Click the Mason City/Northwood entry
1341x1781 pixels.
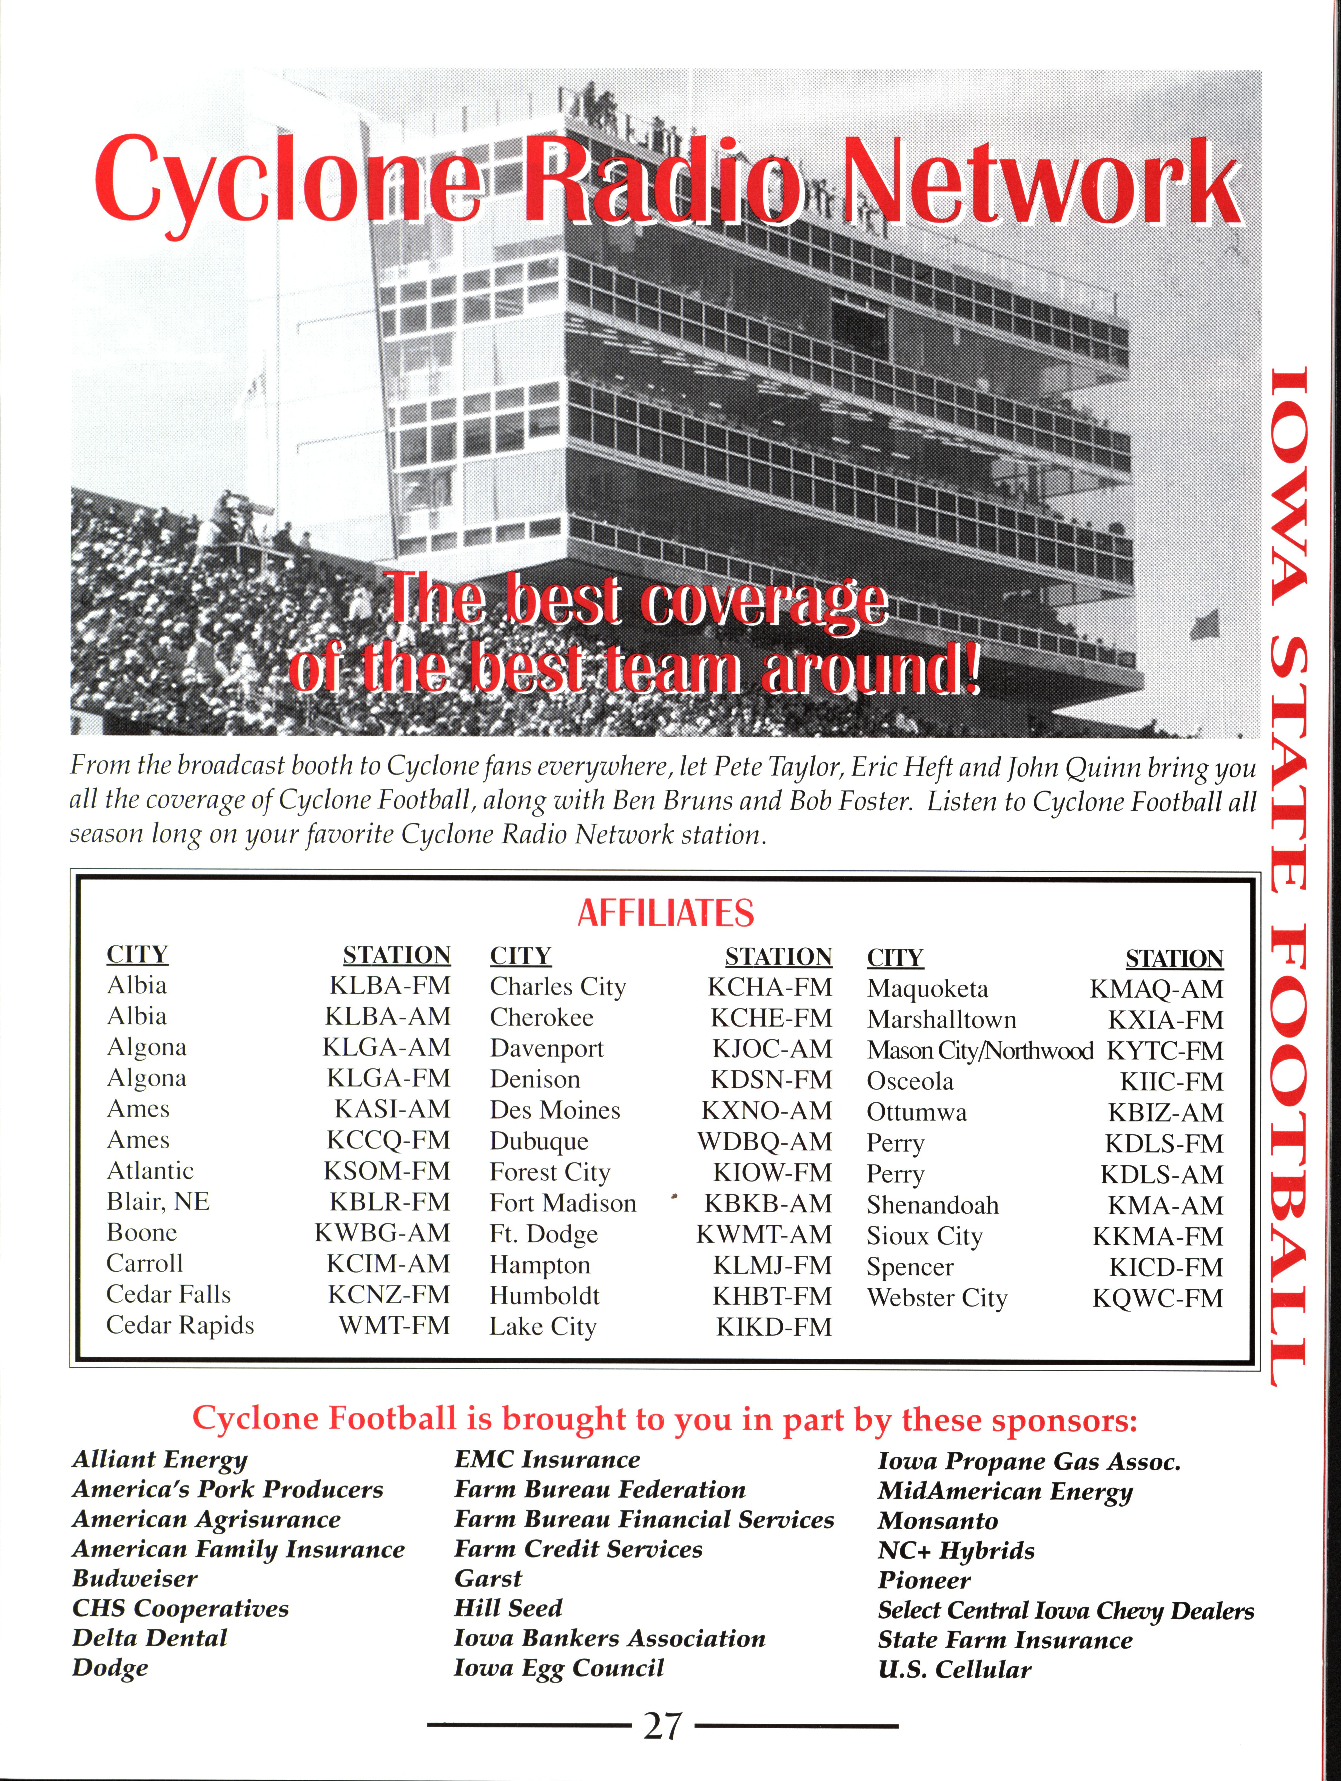click(980, 1051)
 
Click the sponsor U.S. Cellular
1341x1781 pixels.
click(954, 1670)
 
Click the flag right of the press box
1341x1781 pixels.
click(1205, 624)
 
